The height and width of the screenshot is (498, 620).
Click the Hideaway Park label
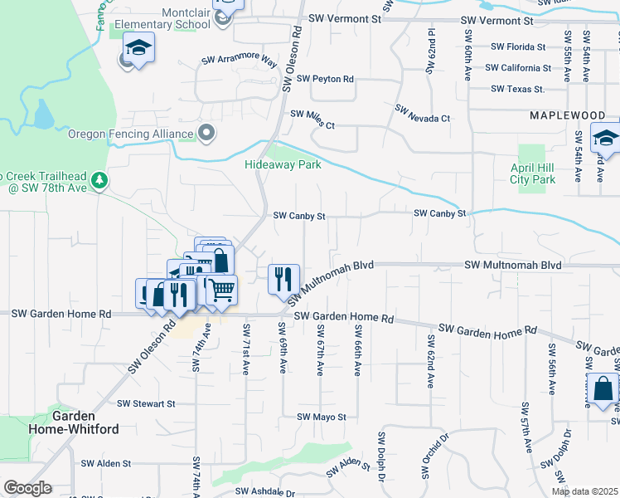point(283,164)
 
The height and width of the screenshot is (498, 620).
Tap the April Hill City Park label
point(532,173)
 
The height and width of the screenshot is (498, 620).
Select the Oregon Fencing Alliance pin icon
point(207,133)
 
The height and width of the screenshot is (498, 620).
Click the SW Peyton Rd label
point(322,79)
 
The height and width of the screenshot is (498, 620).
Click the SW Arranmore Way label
point(240,61)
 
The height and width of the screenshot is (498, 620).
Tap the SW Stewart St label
point(146,403)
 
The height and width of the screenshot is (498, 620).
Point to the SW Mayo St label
point(318,417)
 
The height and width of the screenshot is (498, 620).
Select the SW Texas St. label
point(517,88)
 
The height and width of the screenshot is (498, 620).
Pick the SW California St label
point(518,68)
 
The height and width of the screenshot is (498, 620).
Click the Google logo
point(27,488)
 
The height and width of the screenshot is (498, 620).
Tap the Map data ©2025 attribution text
point(584,491)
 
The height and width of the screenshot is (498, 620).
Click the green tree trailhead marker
point(99,179)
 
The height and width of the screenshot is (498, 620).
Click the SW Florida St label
point(518,47)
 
